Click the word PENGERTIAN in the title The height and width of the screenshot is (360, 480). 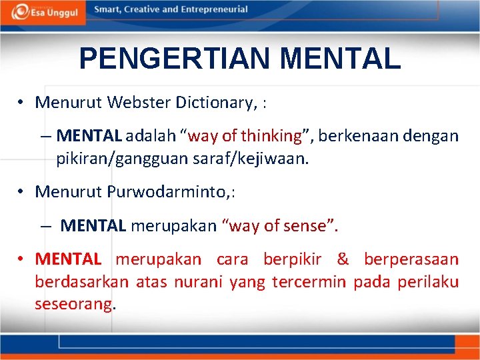(175, 59)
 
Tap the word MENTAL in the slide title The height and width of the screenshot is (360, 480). (341, 59)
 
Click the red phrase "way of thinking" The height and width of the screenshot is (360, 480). (245, 136)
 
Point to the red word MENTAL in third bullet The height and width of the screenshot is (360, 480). (68, 259)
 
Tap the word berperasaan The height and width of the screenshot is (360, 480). (411, 259)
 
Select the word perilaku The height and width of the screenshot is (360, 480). (428, 282)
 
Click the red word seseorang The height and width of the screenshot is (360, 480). (74, 305)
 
